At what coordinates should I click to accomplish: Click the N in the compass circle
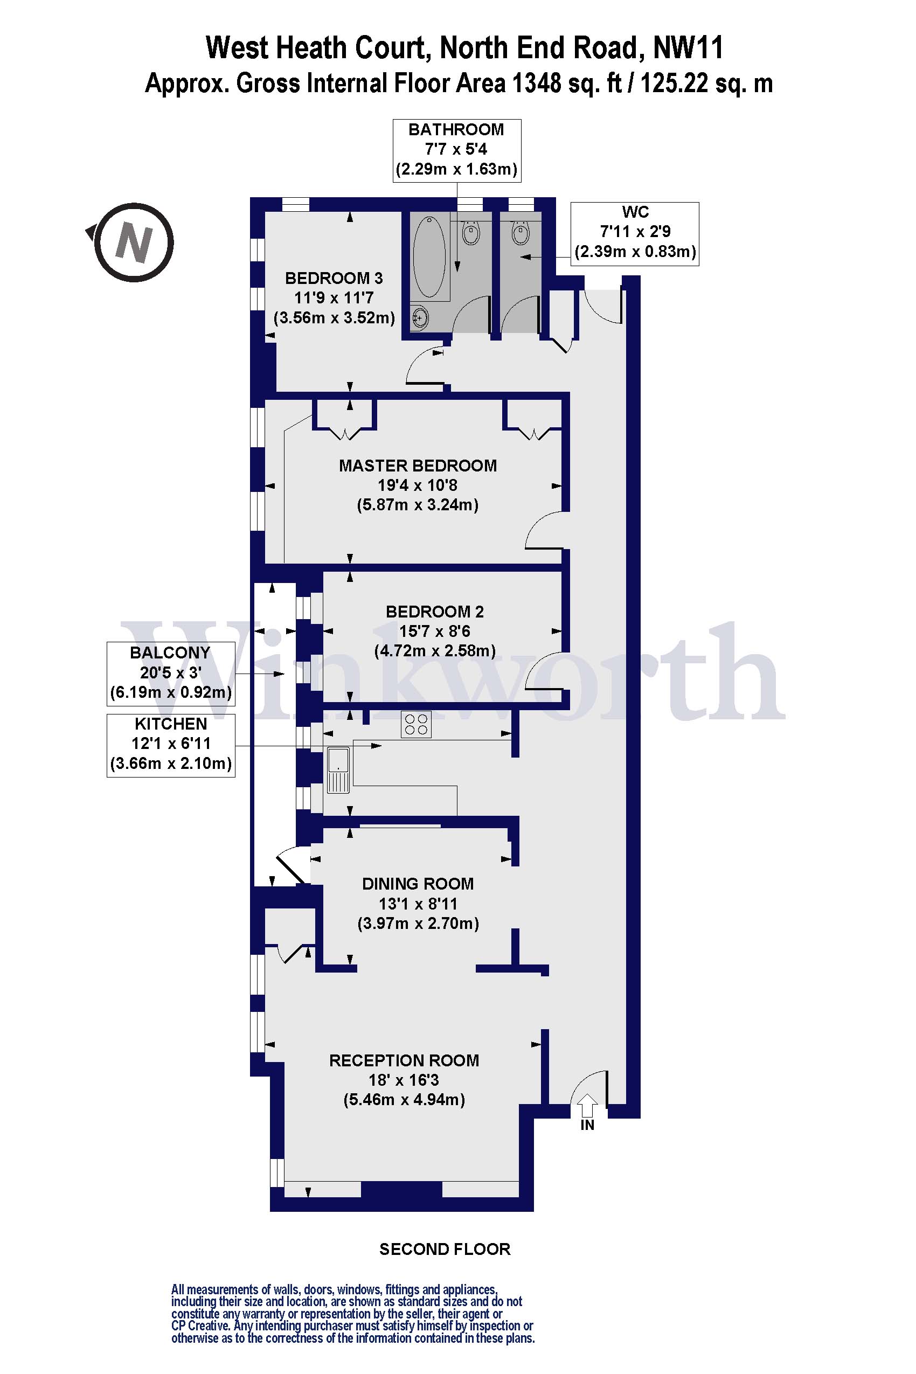click(134, 242)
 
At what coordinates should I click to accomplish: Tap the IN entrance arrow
click(587, 1106)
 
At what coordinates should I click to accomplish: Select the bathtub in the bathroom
click(429, 258)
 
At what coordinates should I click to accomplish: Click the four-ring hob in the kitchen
click(416, 724)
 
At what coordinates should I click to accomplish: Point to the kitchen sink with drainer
click(338, 770)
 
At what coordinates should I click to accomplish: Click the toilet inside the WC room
click(521, 233)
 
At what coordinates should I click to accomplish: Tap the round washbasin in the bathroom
click(419, 318)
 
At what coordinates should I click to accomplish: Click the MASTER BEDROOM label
click(418, 466)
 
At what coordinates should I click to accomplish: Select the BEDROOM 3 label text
click(334, 278)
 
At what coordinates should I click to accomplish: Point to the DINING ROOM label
click(418, 884)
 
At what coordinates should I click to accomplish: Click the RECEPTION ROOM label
click(404, 1060)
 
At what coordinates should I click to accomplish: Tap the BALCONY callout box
click(171, 674)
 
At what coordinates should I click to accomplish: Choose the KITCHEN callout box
click(171, 745)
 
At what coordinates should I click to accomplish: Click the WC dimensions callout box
click(635, 234)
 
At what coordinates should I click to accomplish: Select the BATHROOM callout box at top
click(457, 151)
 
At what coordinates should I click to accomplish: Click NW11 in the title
click(688, 48)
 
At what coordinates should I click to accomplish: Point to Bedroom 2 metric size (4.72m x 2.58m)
click(435, 651)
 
